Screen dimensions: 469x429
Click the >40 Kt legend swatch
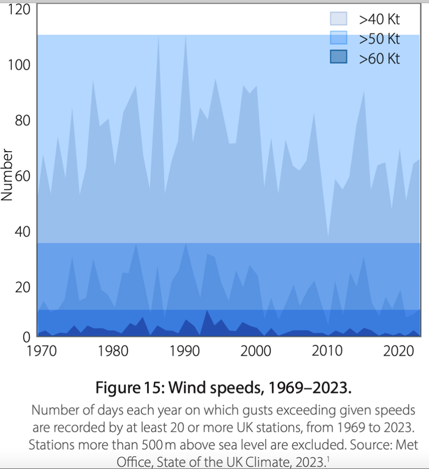[338, 19]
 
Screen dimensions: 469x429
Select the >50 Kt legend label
[380, 39]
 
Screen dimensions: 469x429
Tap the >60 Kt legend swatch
[338, 58]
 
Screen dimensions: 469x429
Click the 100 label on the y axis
[18, 65]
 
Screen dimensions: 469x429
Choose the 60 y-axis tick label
[21, 176]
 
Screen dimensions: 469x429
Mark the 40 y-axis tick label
[21, 232]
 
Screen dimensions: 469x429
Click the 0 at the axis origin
[26, 336]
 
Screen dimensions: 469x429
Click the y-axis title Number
[6, 175]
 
